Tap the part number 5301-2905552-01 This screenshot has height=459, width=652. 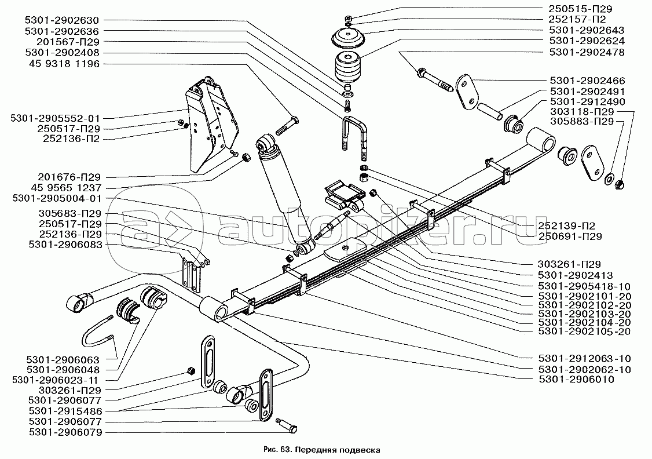(x=54, y=117)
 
